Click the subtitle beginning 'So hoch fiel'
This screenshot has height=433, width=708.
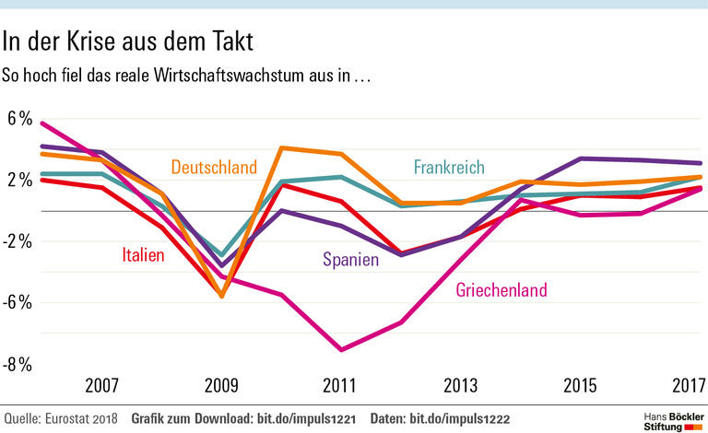(186, 76)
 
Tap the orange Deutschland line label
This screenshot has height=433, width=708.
(213, 168)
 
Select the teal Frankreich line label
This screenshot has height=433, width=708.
(449, 168)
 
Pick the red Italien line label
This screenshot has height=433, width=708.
(143, 255)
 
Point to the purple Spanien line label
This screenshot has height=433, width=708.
(350, 260)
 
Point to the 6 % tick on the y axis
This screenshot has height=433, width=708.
(19, 119)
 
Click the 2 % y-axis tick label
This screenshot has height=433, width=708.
(19, 180)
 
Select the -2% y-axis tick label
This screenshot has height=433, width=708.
(19, 241)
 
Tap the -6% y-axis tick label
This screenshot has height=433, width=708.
(19, 302)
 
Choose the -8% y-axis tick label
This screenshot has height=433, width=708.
(19, 364)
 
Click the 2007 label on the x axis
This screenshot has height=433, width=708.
(101, 384)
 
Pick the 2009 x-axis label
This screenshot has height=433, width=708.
(221, 384)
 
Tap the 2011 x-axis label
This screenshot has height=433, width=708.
(341, 384)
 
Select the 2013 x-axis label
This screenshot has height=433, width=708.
(461, 384)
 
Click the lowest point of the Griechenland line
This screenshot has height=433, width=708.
(341, 350)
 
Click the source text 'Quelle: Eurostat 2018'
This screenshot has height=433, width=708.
(60, 419)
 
